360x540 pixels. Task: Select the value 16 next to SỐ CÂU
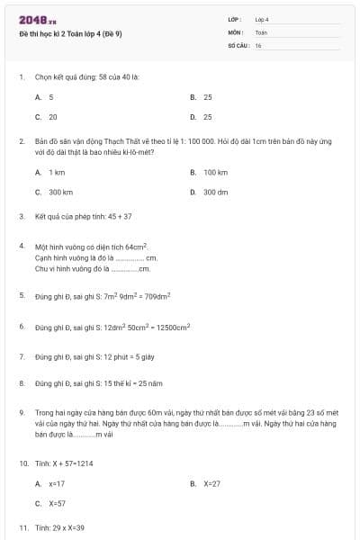pyautogui.click(x=258, y=44)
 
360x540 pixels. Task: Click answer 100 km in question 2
pyautogui.click(x=215, y=172)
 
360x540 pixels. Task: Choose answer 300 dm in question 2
pyautogui.click(x=215, y=192)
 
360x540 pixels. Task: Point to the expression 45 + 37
pyautogui.click(x=120, y=217)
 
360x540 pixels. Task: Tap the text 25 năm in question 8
pyautogui.click(x=149, y=383)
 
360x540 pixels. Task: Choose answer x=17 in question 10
pyautogui.click(x=57, y=483)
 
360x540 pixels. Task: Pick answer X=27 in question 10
pyautogui.click(x=211, y=483)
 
